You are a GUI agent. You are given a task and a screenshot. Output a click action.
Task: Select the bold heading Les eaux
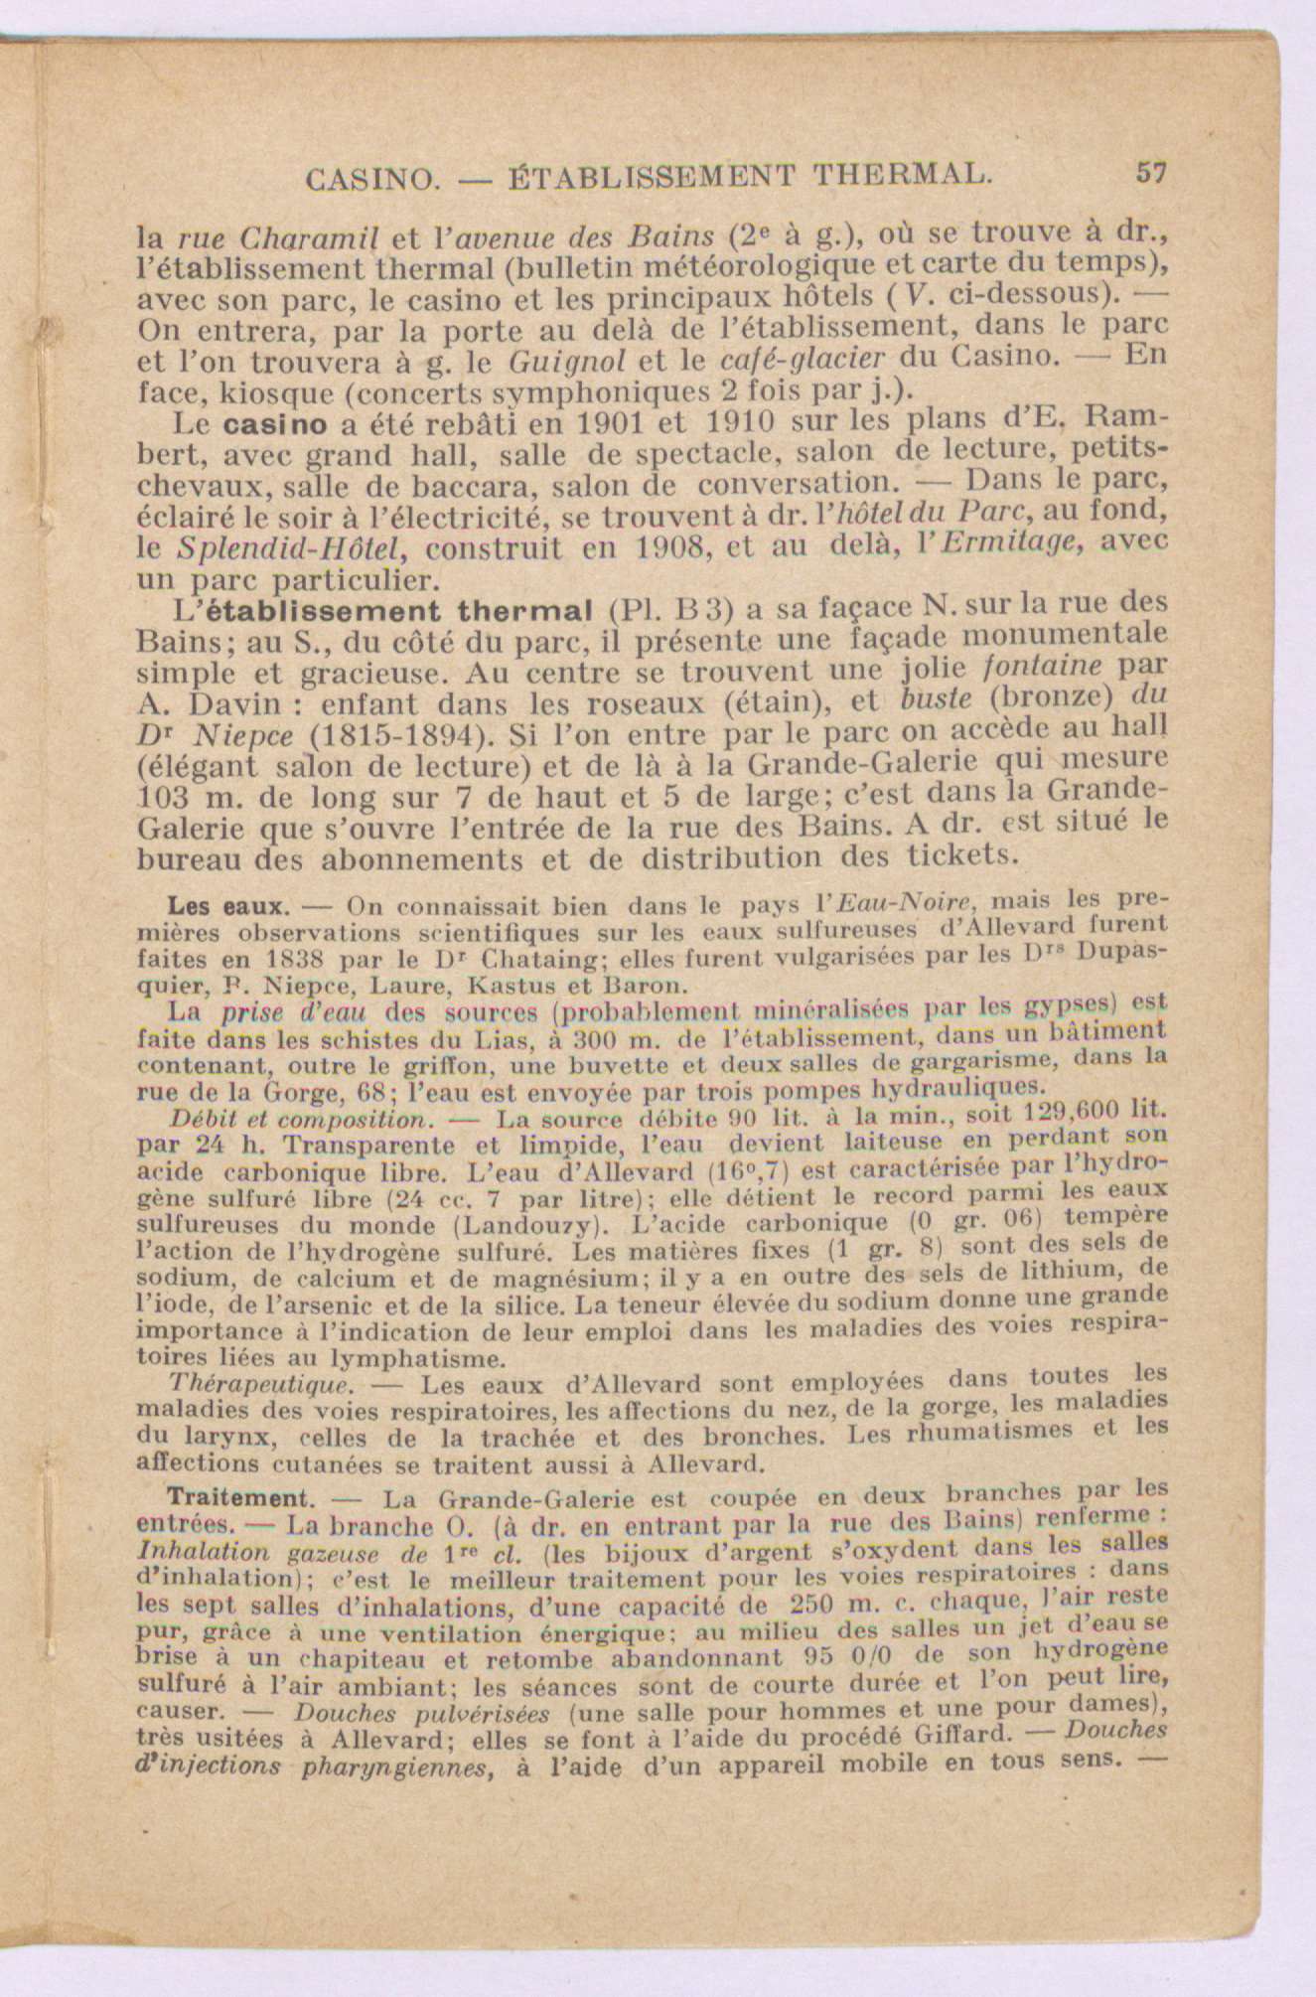coord(228,906)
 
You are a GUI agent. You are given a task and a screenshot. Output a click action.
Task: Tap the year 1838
coord(300,961)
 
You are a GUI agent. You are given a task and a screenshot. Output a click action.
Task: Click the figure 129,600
coord(1057,1114)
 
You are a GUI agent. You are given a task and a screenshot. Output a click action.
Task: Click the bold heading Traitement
coord(235,1496)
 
